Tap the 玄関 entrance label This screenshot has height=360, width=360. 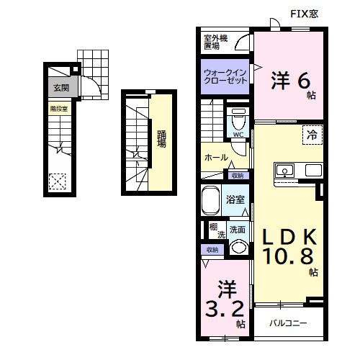click(60, 89)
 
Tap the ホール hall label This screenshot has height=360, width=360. click(216, 157)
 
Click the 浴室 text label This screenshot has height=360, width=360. click(235, 199)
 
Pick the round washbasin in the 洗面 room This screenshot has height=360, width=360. click(238, 247)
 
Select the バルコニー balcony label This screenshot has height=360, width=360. click(288, 323)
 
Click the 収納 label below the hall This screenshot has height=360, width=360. click(237, 175)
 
